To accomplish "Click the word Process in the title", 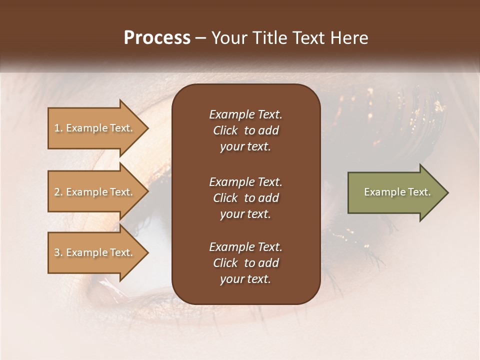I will point(157,38).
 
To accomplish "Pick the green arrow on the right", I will point(395,192).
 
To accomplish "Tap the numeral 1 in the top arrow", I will point(56,128).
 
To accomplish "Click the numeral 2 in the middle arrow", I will point(56,192).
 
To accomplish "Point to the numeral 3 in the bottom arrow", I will point(56,252).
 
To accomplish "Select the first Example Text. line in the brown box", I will point(245,114).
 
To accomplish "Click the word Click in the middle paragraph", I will point(225,198).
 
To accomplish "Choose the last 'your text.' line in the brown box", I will point(245,279).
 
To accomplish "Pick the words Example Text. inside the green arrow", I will point(397,192).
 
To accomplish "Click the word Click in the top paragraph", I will point(225,130).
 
